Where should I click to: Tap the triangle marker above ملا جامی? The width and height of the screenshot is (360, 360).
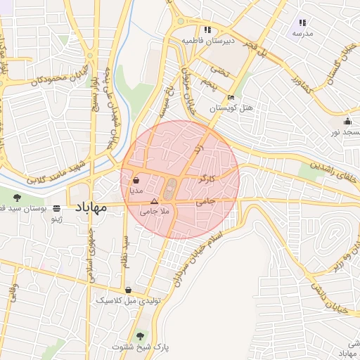(x=154, y=202)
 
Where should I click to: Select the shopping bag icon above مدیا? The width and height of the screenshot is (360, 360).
(x=135, y=180)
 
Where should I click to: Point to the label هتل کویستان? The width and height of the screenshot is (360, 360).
(x=231, y=108)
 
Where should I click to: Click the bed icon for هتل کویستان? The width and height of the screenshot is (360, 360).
(x=231, y=98)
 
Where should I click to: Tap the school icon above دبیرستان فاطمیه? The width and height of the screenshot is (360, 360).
(x=207, y=30)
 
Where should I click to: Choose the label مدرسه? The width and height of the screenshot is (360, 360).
(x=303, y=33)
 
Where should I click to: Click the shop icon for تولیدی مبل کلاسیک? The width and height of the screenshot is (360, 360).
(x=128, y=290)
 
